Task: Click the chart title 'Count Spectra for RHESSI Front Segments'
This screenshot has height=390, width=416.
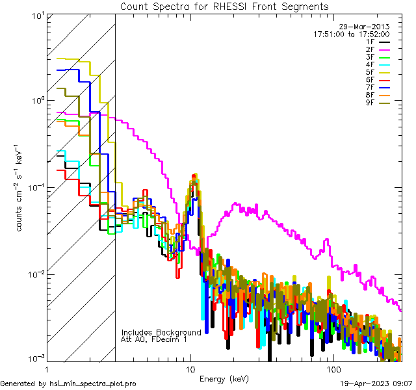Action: tap(224, 6)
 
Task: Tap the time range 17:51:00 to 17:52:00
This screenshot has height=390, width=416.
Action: tap(351, 34)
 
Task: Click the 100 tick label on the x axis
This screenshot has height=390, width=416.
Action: tap(333, 370)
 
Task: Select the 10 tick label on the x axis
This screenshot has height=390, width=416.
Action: tap(190, 370)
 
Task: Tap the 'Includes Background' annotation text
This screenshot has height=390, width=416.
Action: tap(161, 333)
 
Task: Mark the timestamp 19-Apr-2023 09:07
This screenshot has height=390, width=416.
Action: tap(377, 384)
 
